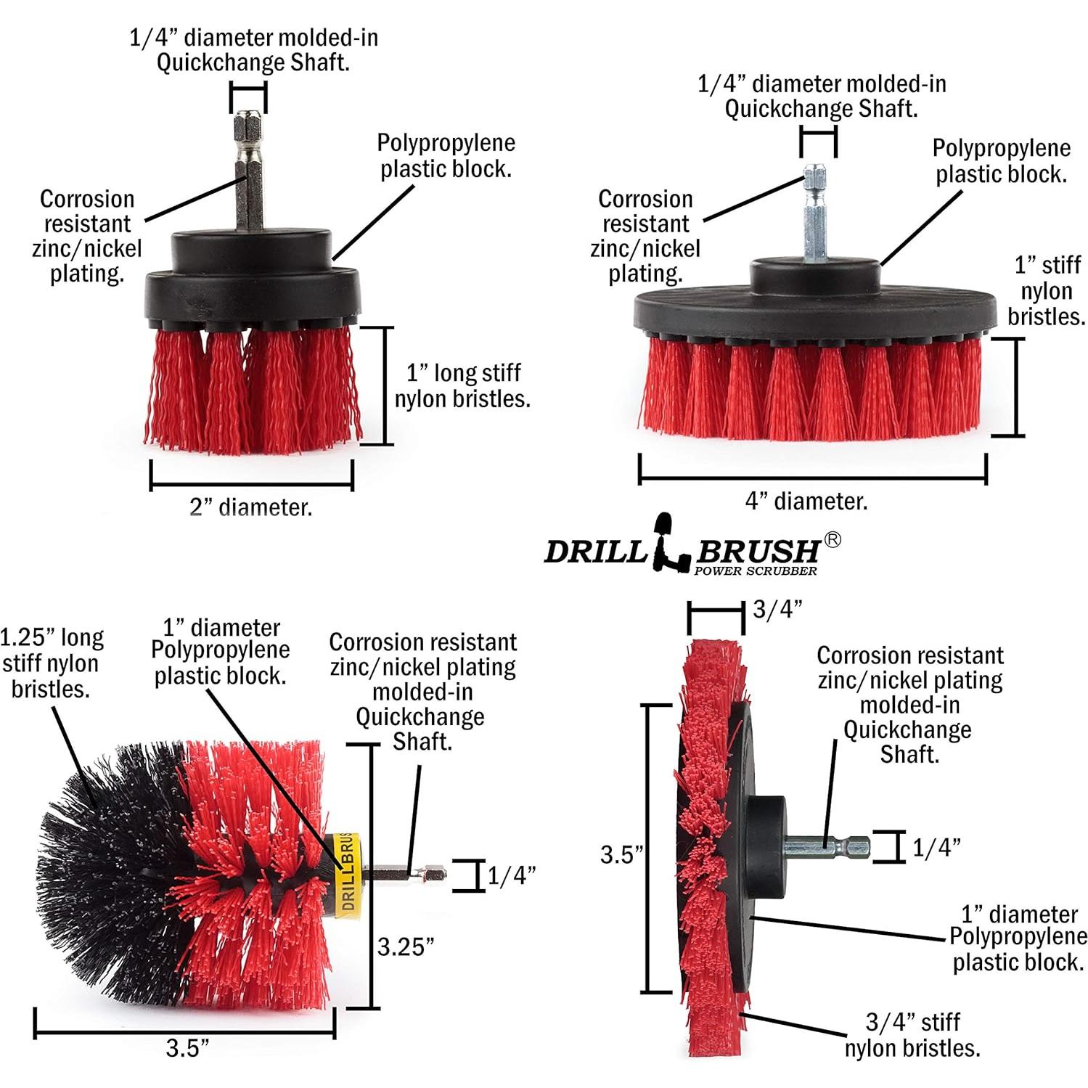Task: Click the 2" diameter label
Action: (x=251, y=507)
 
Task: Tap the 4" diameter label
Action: (x=806, y=501)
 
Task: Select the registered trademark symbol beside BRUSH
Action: (x=833, y=540)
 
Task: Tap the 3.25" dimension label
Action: (x=406, y=946)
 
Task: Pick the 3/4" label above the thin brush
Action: (x=777, y=609)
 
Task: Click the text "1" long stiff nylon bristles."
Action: (x=462, y=385)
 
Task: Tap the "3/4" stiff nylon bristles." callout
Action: (x=912, y=1034)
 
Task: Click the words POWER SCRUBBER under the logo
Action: (x=755, y=571)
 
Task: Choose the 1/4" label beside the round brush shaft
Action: (x=511, y=876)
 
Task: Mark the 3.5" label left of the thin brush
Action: (x=622, y=854)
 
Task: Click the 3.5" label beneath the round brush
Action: (x=187, y=1047)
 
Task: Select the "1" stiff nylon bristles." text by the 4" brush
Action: (x=1047, y=290)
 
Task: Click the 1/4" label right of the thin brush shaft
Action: (x=936, y=847)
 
